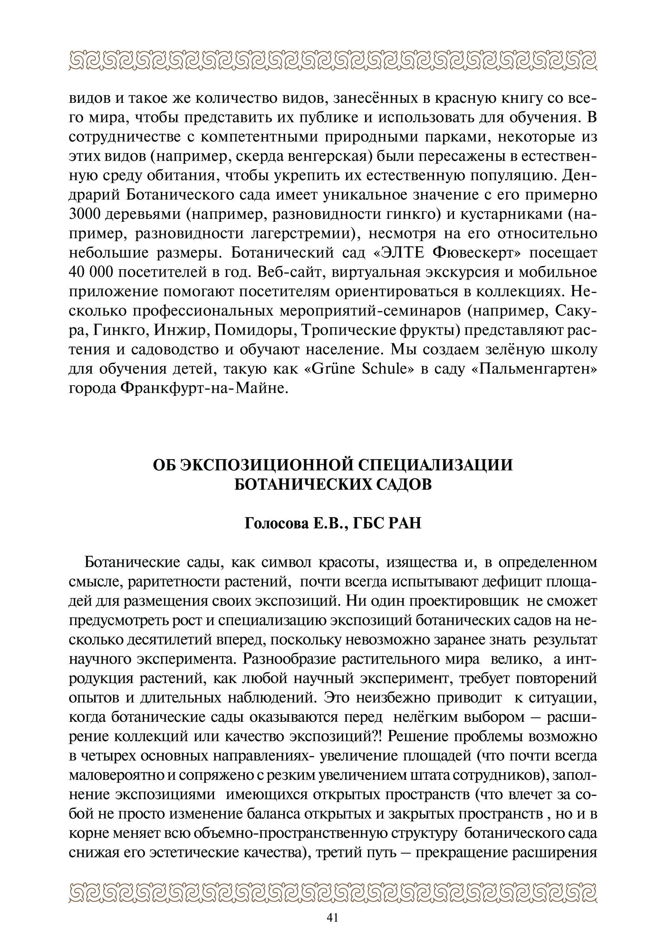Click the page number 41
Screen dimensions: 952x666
click(333, 918)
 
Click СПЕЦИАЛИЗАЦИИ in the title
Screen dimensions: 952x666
click(435, 465)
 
